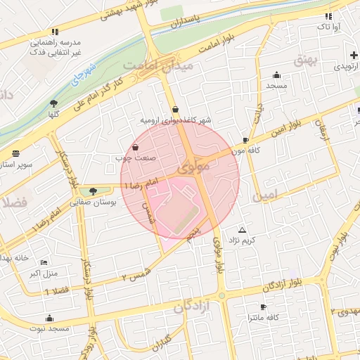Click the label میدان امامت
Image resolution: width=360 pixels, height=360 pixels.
(x=148, y=65)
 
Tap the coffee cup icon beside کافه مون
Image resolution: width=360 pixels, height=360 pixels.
(x=245, y=140)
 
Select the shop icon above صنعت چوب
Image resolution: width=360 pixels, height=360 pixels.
(x=135, y=147)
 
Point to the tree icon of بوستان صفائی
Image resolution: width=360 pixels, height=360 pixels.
(x=94, y=191)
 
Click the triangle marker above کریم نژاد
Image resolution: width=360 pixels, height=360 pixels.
(x=243, y=230)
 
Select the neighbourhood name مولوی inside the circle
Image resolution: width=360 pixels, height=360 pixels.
(x=194, y=169)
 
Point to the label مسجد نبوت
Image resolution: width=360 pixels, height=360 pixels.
(x=50, y=328)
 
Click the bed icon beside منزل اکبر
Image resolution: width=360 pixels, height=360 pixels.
(x=44, y=262)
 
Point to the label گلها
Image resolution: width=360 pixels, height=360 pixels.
(x=53, y=113)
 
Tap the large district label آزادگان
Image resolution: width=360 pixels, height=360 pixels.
(x=193, y=307)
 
